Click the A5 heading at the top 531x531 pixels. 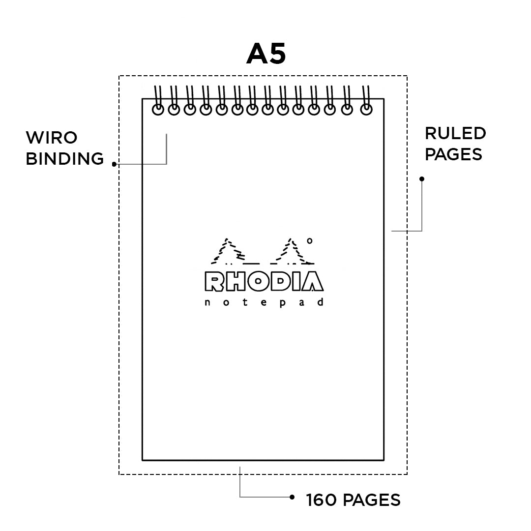point(265,54)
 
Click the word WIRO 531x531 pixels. point(52,137)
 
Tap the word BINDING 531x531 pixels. point(64,159)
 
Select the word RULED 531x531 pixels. point(455,133)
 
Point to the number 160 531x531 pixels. point(322,500)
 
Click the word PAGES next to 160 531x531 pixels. point(371,500)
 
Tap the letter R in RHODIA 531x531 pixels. point(214,281)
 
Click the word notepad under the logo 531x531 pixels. point(264,302)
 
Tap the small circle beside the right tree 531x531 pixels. point(309,241)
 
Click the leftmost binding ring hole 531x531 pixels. point(158,110)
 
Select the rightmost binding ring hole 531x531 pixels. point(366,110)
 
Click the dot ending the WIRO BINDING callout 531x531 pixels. point(114,164)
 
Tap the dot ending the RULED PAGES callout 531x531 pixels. point(421,179)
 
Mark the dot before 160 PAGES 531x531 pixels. point(293,497)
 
